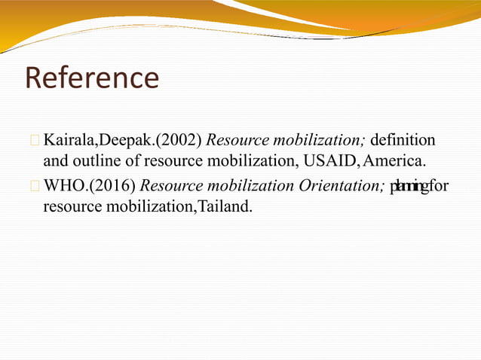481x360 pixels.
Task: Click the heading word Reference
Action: (x=92, y=78)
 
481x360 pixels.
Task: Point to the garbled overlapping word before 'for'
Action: (x=408, y=185)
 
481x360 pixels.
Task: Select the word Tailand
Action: (x=223, y=206)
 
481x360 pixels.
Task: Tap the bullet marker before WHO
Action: (x=35, y=186)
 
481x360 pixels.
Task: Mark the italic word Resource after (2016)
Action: (x=172, y=185)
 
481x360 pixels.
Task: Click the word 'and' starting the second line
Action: (x=55, y=160)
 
